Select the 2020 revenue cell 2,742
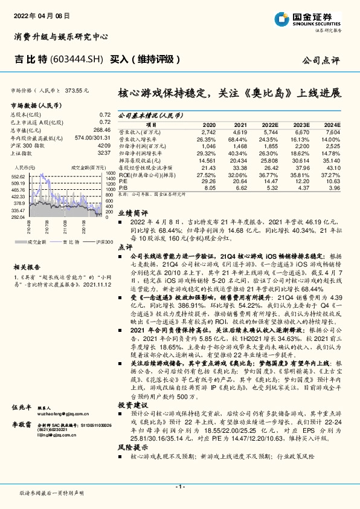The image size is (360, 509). pos(208,131)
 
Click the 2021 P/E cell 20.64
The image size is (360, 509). pos(240,181)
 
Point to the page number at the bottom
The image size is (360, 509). pos(179,487)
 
